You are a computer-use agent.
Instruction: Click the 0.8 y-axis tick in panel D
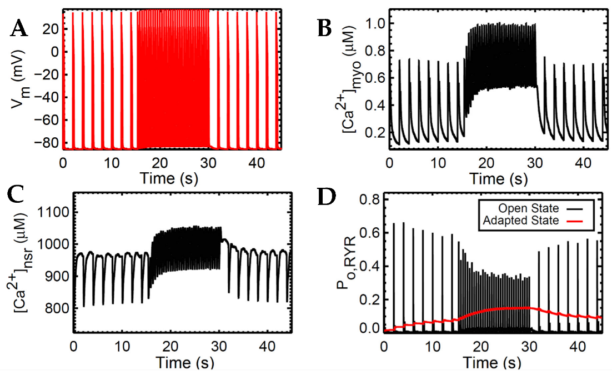(x=369, y=199)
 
